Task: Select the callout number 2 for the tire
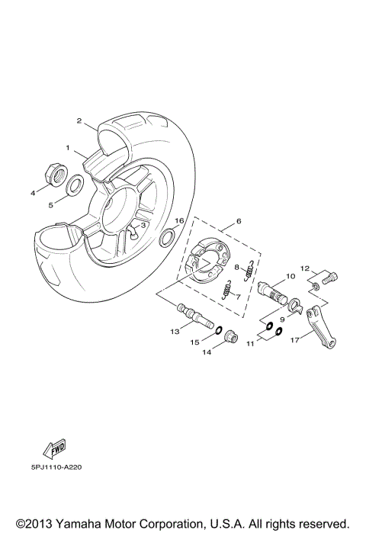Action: [78, 120]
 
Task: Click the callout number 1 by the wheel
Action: [67, 146]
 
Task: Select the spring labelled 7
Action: [226, 291]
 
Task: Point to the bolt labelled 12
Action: [326, 278]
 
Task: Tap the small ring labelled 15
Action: [217, 330]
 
